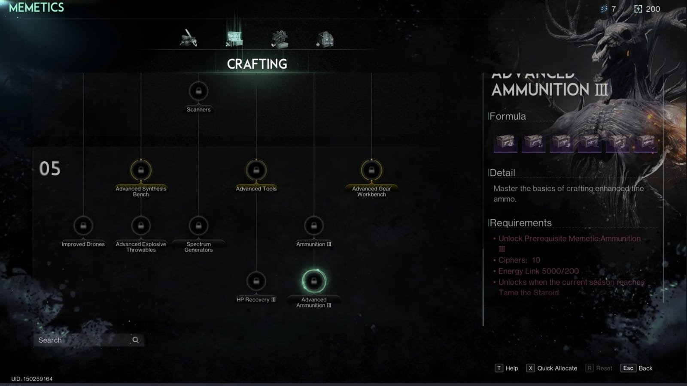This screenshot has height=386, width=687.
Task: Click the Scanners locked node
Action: pos(198,91)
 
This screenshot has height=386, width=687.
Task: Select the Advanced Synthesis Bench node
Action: pos(141,170)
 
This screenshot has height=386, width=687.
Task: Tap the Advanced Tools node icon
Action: pos(256,170)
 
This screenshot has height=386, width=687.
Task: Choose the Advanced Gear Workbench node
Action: pos(371,170)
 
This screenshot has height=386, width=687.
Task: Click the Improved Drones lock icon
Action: pos(83,226)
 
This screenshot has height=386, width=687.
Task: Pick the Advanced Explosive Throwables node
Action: pos(141,226)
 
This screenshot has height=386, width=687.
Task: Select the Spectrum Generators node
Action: pos(198,226)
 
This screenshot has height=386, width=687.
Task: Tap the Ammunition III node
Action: pos(314,226)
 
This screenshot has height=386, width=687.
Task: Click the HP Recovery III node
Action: pos(256,281)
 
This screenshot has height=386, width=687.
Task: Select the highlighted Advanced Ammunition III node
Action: pos(314,281)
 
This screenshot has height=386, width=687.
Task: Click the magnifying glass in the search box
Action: pos(136,340)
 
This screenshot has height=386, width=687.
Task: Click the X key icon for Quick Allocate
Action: pos(531,368)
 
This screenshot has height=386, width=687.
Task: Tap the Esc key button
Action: pos(628,368)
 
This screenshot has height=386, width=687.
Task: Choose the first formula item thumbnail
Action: pos(505,142)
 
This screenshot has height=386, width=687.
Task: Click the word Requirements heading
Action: pos(520,223)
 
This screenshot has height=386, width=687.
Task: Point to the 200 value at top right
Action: pos(653,9)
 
